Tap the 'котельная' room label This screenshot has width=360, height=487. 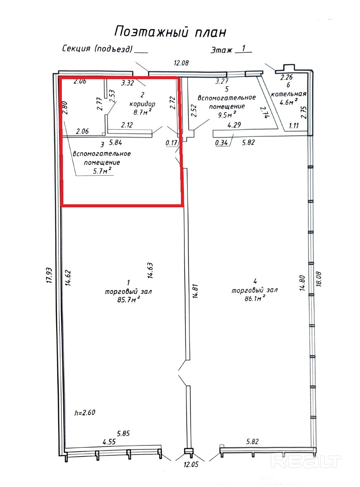288,94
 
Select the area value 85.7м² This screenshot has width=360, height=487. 129,299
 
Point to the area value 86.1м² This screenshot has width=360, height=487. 255,298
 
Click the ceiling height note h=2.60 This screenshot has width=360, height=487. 85,412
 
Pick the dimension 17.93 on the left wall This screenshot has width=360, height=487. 49,275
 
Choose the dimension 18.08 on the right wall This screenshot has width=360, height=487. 319,279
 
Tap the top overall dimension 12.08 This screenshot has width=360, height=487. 181,63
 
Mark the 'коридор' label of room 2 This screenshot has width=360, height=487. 142,104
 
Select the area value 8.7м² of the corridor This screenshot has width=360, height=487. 142,112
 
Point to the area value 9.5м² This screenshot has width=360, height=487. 227,115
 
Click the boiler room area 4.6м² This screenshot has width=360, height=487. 289,102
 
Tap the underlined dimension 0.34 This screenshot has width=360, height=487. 221,143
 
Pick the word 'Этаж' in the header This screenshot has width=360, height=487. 221,50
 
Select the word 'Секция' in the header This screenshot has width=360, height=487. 77,48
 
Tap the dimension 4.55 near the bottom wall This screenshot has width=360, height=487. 109,441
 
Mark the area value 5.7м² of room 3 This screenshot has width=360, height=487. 102,171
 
